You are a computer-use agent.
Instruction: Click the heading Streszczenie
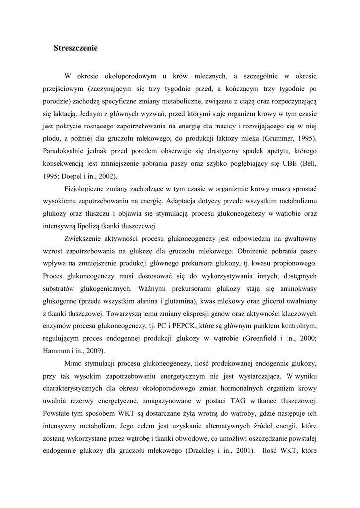(x=75, y=48)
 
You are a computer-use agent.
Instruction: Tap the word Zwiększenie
(x=85, y=240)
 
